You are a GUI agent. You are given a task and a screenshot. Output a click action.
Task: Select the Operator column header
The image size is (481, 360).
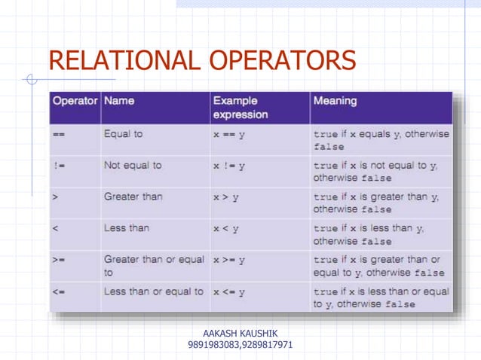(75, 101)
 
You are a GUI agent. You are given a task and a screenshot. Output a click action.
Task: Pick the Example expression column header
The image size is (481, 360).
(240, 108)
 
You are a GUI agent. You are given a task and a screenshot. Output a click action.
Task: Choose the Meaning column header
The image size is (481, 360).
(335, 101)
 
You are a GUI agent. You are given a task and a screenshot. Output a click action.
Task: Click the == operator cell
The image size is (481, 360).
(60, 134)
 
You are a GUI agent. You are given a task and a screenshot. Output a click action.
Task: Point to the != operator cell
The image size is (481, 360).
(59, 166)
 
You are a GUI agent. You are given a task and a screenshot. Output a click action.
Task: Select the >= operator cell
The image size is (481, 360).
(59, 260)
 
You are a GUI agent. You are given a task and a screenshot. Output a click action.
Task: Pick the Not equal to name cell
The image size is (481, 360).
(133, 165)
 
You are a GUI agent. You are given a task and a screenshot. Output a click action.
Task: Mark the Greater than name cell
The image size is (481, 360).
(133, 197)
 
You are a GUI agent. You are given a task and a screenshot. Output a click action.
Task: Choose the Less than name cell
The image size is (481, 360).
(126, 227)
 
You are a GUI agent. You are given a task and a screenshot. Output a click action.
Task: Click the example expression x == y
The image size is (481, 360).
(230, 134)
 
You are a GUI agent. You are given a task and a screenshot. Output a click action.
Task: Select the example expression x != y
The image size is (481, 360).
(229, 166)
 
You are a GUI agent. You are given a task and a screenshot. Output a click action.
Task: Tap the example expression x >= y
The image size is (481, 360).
(230, 260)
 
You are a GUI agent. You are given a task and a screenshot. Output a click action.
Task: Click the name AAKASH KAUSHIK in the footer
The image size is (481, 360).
(240, 333)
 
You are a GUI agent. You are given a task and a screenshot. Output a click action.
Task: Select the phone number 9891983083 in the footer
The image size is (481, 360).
(213, 345)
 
